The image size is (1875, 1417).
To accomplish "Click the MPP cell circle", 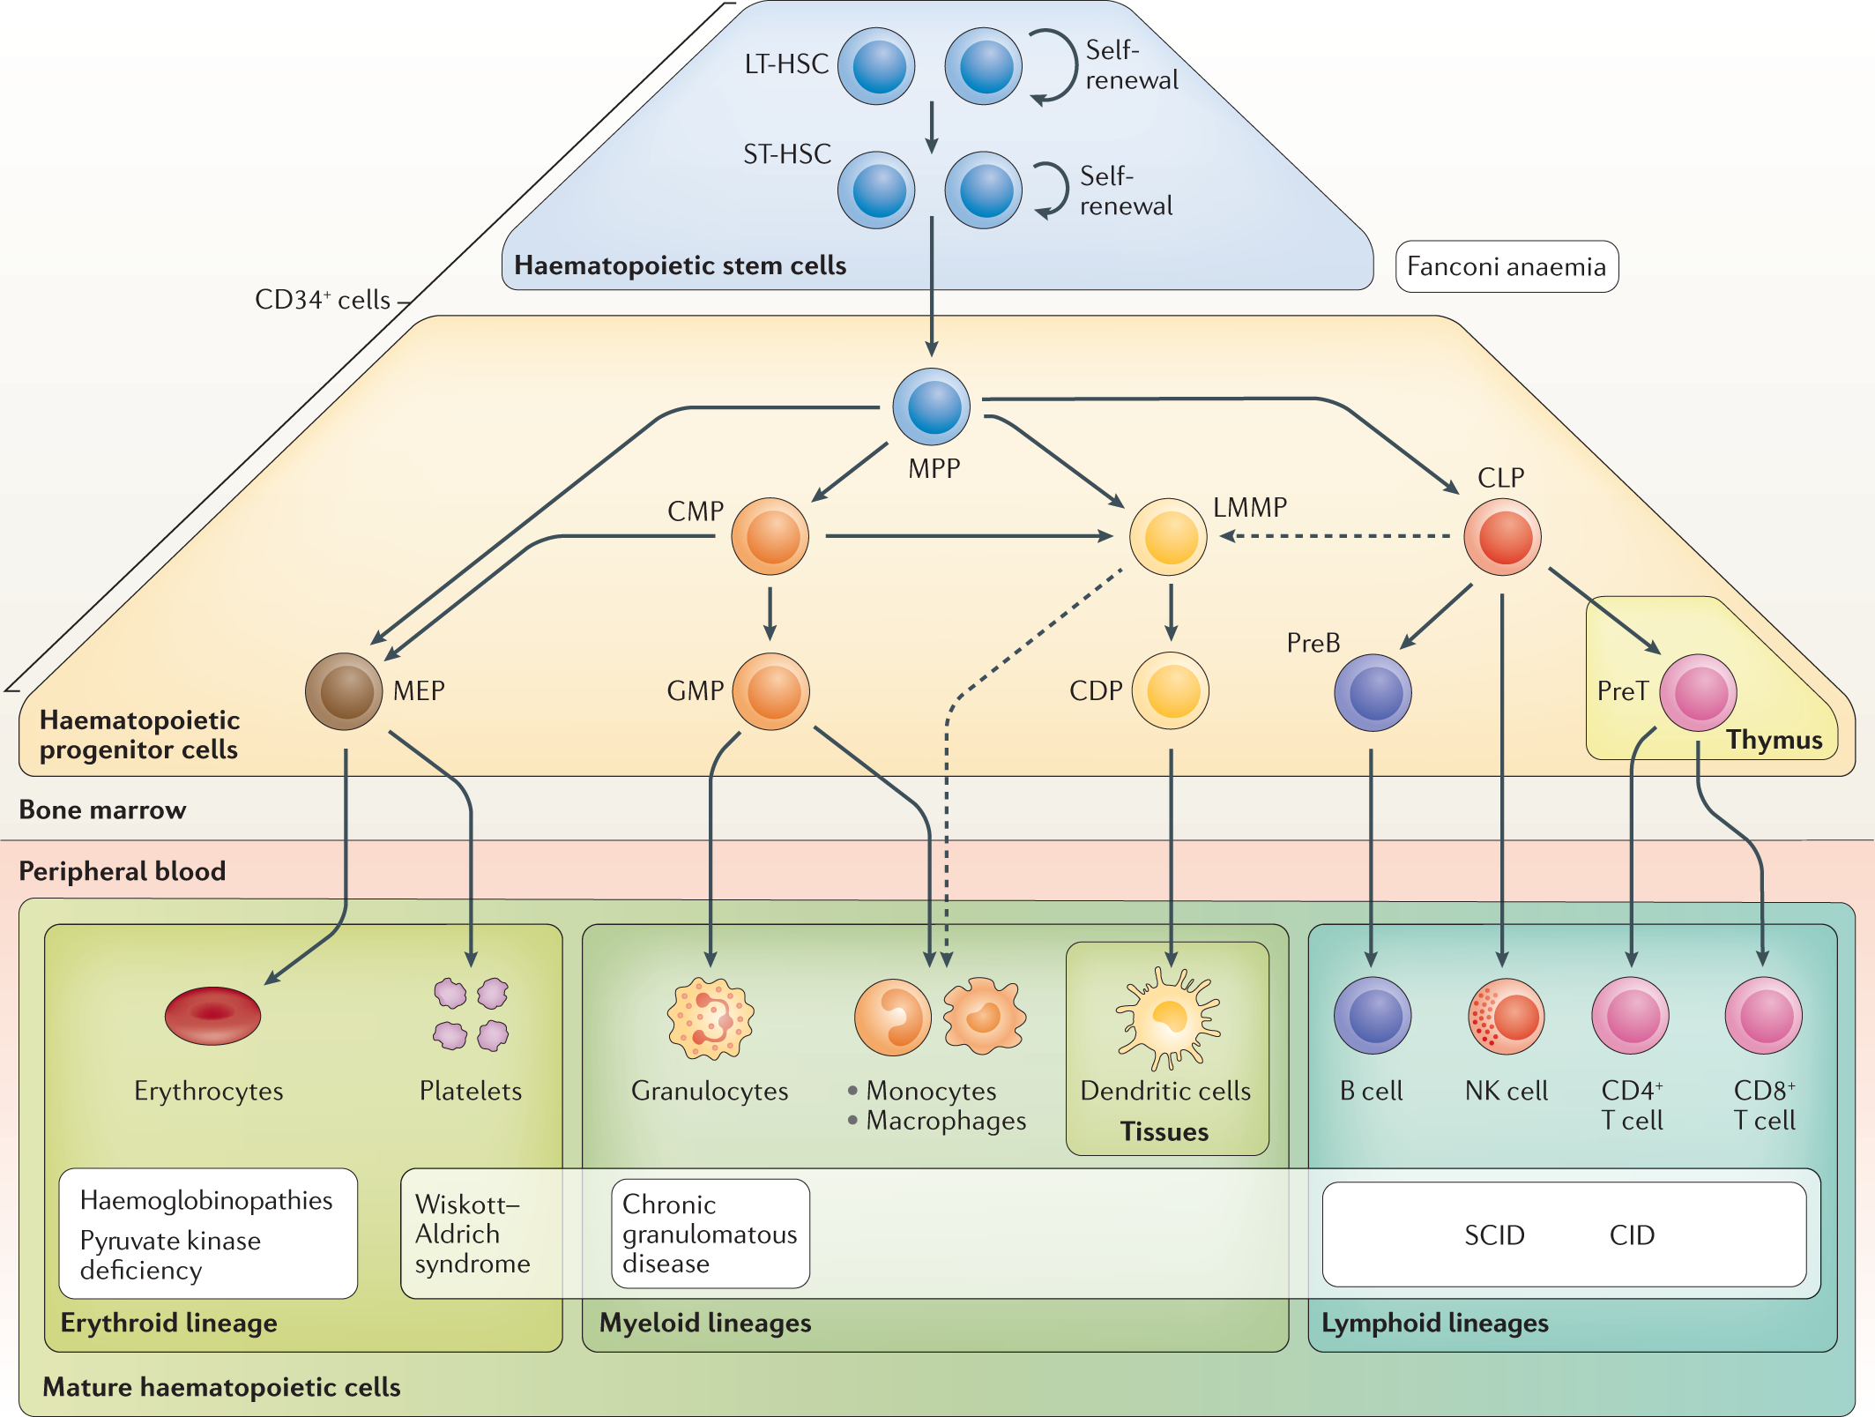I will [x=931, y=406].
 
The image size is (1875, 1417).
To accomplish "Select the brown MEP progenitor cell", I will [x=344, y=691].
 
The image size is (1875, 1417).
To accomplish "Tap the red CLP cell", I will [x=1502, y=536].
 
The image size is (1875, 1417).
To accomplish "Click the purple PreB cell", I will [x=1373, y=692].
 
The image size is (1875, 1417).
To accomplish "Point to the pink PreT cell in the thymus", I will [x=1698, y=692].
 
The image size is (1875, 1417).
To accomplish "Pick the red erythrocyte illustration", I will [x=212, y=1016].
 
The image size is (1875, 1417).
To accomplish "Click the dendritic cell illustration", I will [x=1168, y=1018].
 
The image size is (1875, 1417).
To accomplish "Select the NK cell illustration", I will [x=1506, y=1016].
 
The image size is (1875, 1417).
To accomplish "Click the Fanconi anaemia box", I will [x=1507, y=266].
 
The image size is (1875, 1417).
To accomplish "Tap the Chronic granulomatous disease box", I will [x=710, y=1234].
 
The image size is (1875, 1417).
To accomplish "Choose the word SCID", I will [x=1494, y=1235].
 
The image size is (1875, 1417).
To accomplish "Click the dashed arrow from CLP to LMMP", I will [x=1336, y=535].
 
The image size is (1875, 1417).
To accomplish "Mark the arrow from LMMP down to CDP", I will [x=1171, y=613].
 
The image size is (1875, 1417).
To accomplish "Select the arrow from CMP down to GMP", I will [x=770, y=613].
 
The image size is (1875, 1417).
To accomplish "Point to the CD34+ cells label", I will [x=323, y=300].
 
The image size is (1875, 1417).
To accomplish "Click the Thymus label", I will [x=1774, y=740].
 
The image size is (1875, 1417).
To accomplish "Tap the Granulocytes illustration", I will [x=711, y=1018].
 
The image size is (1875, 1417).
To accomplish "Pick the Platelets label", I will [x=470, y=1091].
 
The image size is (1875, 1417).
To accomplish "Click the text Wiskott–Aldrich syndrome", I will [x=472, y=1234].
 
